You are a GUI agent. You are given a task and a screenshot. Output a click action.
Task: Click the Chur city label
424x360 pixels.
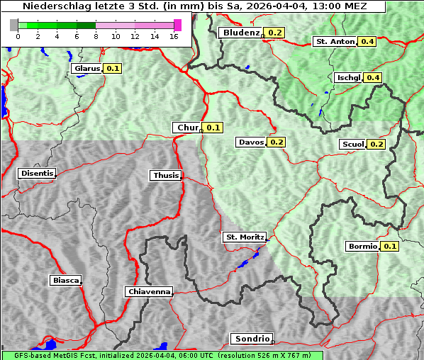[187, 128]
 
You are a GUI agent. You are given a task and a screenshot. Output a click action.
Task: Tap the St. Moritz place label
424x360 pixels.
[244, 237]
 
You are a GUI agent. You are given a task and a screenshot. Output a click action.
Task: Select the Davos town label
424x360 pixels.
[251, 142]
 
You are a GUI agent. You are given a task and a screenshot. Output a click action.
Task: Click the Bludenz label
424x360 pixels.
[240, 33]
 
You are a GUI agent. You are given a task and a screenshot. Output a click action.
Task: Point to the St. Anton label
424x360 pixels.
[334, 42]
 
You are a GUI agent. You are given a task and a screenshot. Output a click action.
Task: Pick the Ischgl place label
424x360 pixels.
[348, 77]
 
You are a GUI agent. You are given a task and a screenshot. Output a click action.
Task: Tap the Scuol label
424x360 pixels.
[352, 145]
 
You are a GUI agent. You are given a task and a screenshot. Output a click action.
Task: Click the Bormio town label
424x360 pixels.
[363, 247]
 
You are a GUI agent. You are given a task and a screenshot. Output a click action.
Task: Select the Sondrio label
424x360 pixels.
[251, 339]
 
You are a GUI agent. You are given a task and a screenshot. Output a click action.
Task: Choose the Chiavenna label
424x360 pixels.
[149, 291]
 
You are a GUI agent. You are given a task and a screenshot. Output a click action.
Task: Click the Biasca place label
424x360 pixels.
[65, 280]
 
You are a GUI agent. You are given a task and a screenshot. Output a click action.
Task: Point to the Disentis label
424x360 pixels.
[36, 173]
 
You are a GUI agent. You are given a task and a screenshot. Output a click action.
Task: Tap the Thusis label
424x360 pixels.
[166, 175]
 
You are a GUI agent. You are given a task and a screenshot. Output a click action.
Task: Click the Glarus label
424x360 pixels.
[87, 69]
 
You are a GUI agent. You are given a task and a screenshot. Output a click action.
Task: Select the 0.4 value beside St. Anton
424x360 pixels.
[367, 42]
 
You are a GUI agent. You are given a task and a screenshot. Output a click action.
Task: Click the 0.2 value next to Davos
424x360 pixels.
[276, 142]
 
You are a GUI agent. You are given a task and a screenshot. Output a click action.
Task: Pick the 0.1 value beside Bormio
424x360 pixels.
[390, 247]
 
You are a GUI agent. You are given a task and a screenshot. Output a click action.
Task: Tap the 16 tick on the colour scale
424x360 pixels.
[174, 36]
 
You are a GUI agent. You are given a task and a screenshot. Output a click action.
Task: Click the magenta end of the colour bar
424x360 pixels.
[177, 25]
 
